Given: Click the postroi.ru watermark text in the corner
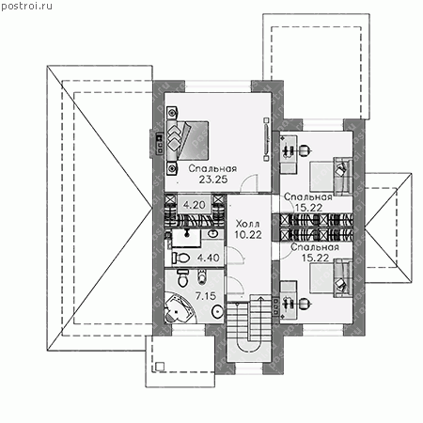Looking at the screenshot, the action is pos(26,6).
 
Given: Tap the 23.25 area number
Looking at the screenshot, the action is pos(213,180).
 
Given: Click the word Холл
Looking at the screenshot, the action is pos(247,224).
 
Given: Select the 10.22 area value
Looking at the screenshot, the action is pos(248,235).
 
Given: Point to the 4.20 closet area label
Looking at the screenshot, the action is pos(195,205).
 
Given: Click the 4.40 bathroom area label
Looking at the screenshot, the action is pos(208,258).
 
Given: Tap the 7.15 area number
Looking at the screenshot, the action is pos(206,295).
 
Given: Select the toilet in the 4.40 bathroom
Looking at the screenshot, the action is pos(181,258).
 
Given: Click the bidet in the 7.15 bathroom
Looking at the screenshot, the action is pos(202,276).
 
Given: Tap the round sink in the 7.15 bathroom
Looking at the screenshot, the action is pos(217,311).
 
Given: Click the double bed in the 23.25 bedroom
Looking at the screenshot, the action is pos(188,140).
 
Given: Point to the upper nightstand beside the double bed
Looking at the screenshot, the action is pos(172,113).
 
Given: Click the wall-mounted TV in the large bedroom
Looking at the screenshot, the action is pos(266,139).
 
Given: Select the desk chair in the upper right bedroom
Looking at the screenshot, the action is pos(304,150).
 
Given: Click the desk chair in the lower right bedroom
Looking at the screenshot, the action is pos(304,304).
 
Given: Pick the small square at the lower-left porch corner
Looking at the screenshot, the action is pos(160,367).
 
